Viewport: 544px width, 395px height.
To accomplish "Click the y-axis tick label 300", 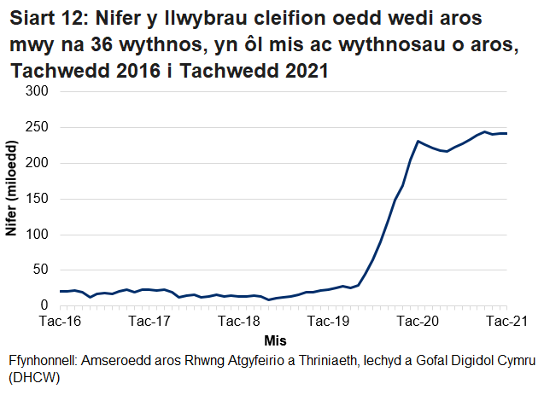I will [x=38, y=91].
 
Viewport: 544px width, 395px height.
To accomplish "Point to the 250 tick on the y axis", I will [x=38, y=127].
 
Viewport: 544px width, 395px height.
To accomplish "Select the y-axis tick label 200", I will [x=38, y=163].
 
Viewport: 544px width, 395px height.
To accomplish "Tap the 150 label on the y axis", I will [x=38, y=199].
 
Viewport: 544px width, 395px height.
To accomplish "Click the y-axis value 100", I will [x=38, y=235].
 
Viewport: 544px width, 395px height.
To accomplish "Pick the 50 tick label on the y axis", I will [x=41, y=270].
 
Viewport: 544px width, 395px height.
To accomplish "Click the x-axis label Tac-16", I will [x=61, y=322].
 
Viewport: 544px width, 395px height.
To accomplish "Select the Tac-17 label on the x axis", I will [x=149, y=322].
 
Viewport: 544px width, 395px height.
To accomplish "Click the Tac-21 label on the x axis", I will [x=507, y=322].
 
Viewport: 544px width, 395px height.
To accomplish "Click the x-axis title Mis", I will [x=275, y=340].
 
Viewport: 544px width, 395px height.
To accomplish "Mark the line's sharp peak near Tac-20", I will [x=418, y=141].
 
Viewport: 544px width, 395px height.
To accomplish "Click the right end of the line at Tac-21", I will [x=506, y=133].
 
